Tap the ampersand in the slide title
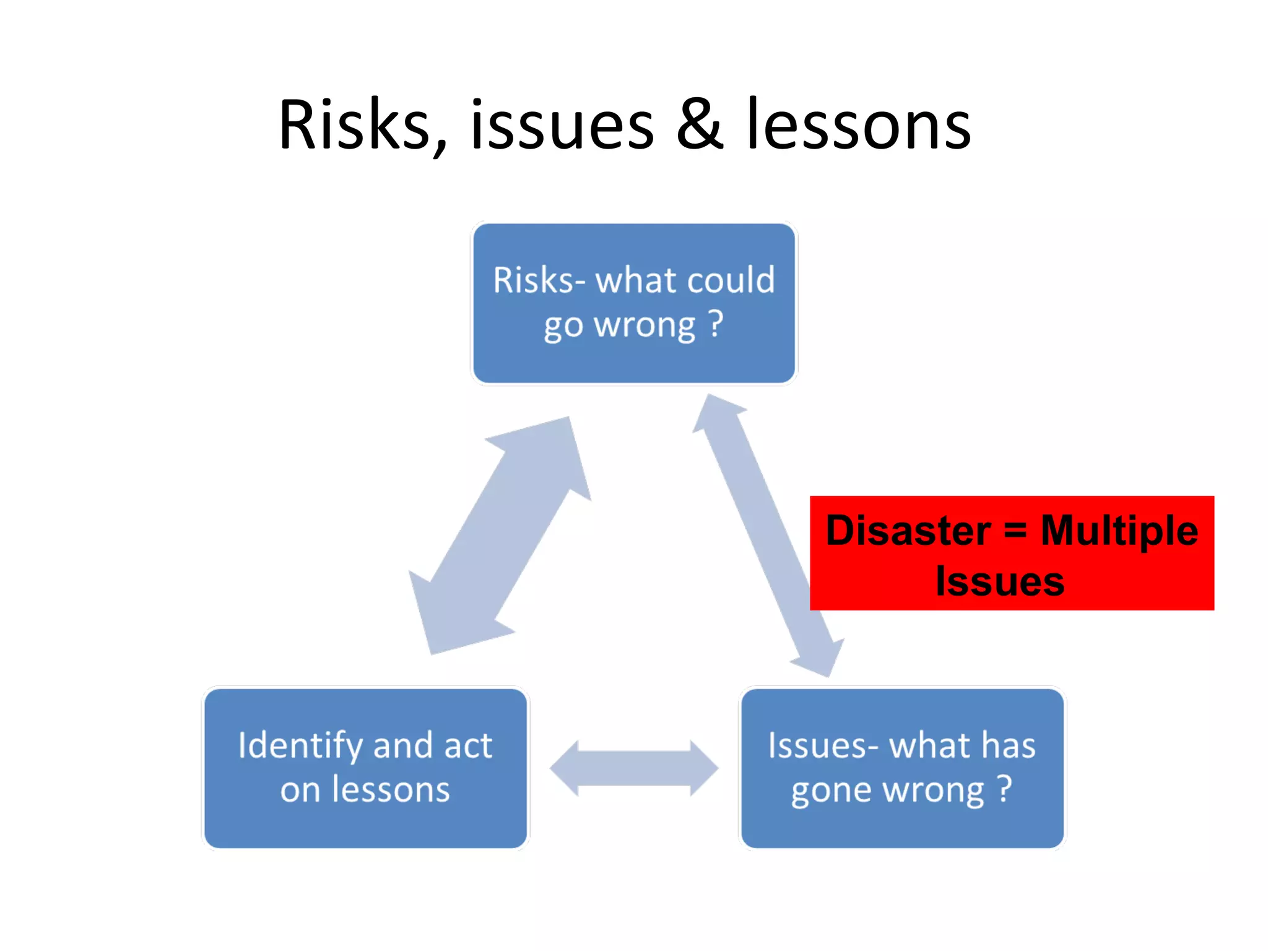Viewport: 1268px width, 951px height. [x=700, y=126]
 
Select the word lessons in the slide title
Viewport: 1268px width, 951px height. [x=859, y=126]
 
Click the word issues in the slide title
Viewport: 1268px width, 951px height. [x=562, y=126]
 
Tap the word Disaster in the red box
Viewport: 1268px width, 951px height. [x=908, y=531]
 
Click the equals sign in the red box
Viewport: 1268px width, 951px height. [x=1015, y=531]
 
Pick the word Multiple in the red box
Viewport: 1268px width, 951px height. [x=1119, y=531]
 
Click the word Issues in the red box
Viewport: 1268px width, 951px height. [x=1000, y=582]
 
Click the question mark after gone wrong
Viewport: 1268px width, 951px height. [x=1004, y=789]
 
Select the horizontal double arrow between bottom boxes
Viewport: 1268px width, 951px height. [x=634, y=768]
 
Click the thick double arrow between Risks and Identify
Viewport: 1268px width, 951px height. [x=500, y=536]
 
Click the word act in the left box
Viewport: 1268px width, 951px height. [x=468, y=746]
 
